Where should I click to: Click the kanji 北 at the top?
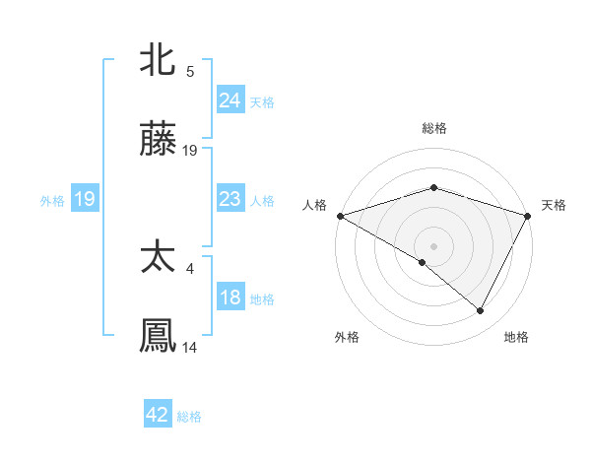click(158, 60)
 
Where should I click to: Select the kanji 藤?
click(158, 141)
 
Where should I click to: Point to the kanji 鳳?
click(158, 336)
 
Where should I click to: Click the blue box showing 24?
click(230, 99)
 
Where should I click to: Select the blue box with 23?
click(230, 199)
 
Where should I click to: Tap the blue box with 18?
click(230, 298)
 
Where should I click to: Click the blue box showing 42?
click(157, 415)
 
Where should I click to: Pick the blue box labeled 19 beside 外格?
click(85, 199)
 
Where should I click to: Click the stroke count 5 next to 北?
click(190, 71)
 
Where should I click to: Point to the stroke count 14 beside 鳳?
click(190, 347)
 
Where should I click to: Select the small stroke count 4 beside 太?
click(190, 266)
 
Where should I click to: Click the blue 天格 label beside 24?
click(262, 101)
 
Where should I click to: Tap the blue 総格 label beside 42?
click(189, 417)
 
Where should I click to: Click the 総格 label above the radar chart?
click(433, 128)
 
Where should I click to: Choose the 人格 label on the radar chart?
click(315, 205)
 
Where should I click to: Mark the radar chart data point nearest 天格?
click(528, 215)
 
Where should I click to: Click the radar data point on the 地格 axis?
click(481, 311)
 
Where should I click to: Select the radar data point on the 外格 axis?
click(423, 262)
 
